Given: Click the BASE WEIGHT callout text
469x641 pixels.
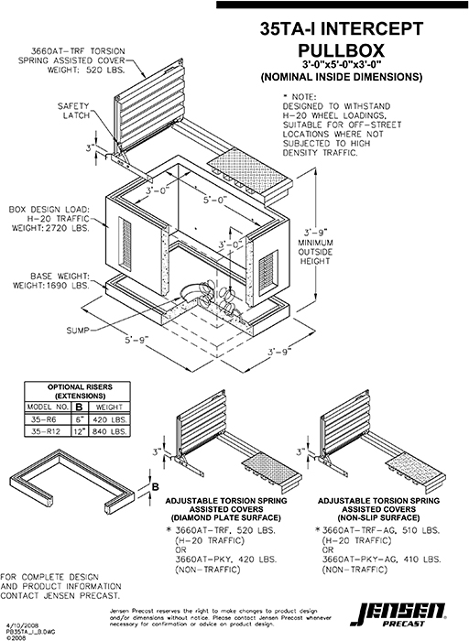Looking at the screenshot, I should [x=48, y=280].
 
